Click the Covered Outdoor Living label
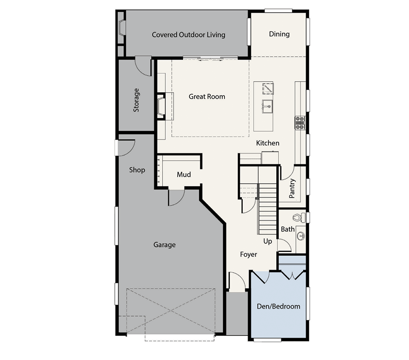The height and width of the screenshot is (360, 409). click(x=188, y=35)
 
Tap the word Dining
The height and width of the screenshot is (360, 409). click(x=279, y=34)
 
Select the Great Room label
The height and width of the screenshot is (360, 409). click(x=207, y=96)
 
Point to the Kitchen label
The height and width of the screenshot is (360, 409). click(x=268, y=143)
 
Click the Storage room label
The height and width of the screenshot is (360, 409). click(x=136, y=100)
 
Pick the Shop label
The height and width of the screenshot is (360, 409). click(x=137, y=170)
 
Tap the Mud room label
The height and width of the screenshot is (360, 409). click(x=184, y=175)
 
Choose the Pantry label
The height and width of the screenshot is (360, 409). click(x=292, y=188)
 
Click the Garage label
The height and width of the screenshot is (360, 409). click(x=164, y=245)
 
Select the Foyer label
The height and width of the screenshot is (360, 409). click(x=249, y=255)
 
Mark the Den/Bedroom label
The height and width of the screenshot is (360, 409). click(x=279, y=306)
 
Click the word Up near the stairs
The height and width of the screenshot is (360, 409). click(x=268, y=241)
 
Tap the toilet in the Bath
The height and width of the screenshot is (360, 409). click(x=298, y=218)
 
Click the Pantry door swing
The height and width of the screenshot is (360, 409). click(x=286, y=172)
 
